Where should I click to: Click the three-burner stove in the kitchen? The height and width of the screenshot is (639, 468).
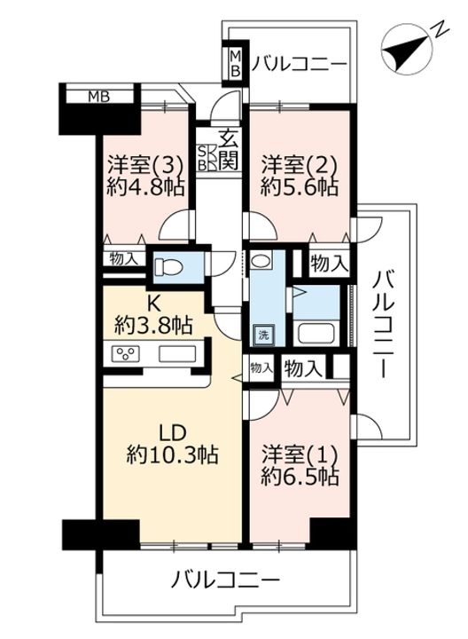tap(126, 353)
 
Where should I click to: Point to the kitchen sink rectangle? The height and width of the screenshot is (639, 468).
tap(177, 353)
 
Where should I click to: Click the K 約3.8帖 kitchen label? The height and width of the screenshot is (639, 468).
tap(153, 314)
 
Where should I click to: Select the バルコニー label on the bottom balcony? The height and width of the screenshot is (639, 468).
tap(225, 579)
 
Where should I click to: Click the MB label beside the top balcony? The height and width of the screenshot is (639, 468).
tap(235, 63)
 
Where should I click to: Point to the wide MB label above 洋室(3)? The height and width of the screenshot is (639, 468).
tap(99, 97)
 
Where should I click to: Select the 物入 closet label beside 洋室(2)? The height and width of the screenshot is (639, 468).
tap(329, 264)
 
